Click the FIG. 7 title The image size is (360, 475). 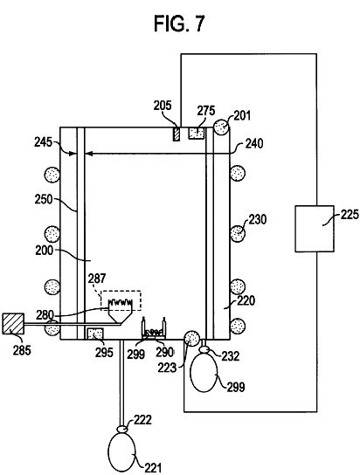pos(179,24)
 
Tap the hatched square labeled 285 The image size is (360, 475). pos(13,324)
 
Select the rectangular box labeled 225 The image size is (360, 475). pos(315,229)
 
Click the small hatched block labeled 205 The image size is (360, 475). pos(176,134)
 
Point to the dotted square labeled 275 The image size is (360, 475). pos(197,133)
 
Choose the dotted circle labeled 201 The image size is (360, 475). pos(221,127)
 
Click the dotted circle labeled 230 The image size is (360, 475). pos(238,234)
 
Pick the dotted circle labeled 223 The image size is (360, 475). pos(192,339)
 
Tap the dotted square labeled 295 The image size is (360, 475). pos(95,334)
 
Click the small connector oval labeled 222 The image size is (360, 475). pos(121,429)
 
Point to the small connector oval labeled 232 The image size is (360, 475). pos(204,350)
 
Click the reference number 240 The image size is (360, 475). pos(254,143)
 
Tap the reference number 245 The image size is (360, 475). pos(44,142)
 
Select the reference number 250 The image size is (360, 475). pos(44,199)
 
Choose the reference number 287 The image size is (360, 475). pos(97,279)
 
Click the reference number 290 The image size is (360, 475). pos(165,352)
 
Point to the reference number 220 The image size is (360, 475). pos(246,301)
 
